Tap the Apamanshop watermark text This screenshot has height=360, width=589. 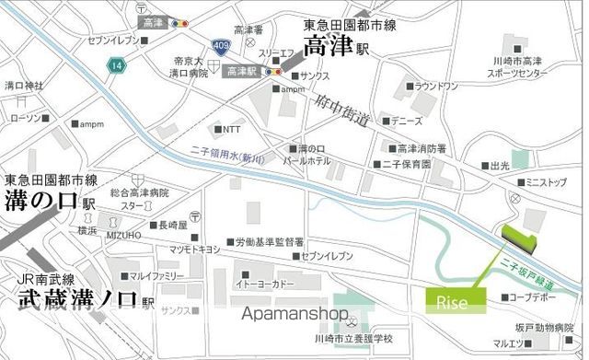tap(295, 314)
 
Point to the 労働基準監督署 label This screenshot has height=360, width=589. tap(269, 241)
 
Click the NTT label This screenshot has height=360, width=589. tap(231, 129)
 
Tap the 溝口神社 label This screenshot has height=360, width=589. tap(24, 86)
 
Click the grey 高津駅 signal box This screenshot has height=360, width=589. tap(241, 70)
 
